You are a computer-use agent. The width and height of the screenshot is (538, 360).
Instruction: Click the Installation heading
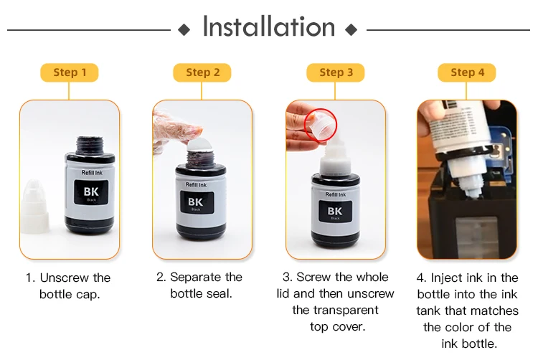(x=269, y=27)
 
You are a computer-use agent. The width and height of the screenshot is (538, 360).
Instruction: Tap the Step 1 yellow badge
(x=70, y=72)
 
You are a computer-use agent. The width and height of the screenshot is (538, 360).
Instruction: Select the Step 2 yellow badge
(x=202, y=72)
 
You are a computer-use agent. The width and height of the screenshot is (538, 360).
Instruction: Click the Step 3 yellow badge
(x=336, y=72)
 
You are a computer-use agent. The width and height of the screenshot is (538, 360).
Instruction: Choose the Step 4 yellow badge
(x=467, y=72)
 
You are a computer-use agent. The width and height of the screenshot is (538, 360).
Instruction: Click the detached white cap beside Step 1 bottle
(x=35, y=207)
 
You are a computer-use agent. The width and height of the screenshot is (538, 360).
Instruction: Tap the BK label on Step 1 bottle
(x=91, y=192)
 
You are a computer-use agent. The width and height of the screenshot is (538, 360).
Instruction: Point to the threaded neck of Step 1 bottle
(x=90, y=146)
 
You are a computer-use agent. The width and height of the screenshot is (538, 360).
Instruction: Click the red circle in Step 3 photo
(x=321, y=125)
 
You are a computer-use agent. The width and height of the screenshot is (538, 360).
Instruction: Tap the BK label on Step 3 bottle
(x=335, y=212)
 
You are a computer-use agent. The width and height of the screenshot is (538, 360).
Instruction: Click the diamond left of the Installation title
(x=184, y=30)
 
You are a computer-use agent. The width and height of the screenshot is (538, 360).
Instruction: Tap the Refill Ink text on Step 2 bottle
(x=197, y=185)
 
